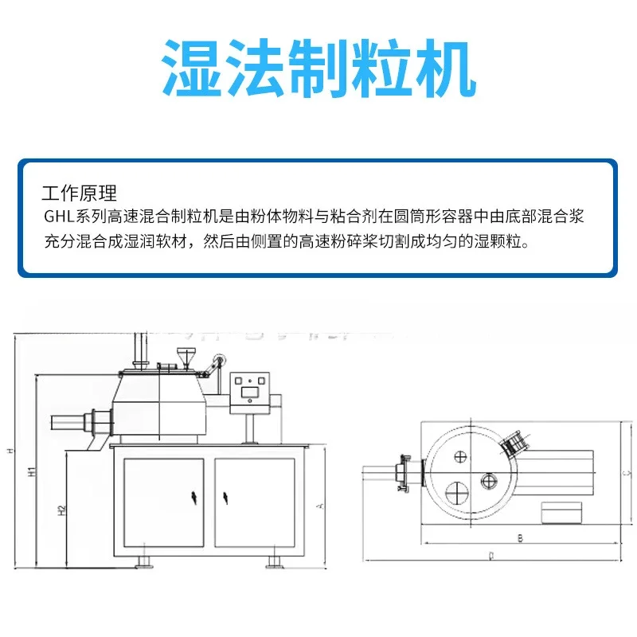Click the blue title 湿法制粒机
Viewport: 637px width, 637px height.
click(318, 65)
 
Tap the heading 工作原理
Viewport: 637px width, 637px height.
click(79, 193)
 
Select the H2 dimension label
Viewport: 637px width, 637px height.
click(61, 510)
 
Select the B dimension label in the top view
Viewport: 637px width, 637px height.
click(519, 538)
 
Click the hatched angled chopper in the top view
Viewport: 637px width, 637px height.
click(516, 443)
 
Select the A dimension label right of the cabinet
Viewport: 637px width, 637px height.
click(318, 505)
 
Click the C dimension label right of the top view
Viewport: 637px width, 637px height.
click(626, 474)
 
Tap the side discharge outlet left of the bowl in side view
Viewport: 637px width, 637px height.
click(94, 420)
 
